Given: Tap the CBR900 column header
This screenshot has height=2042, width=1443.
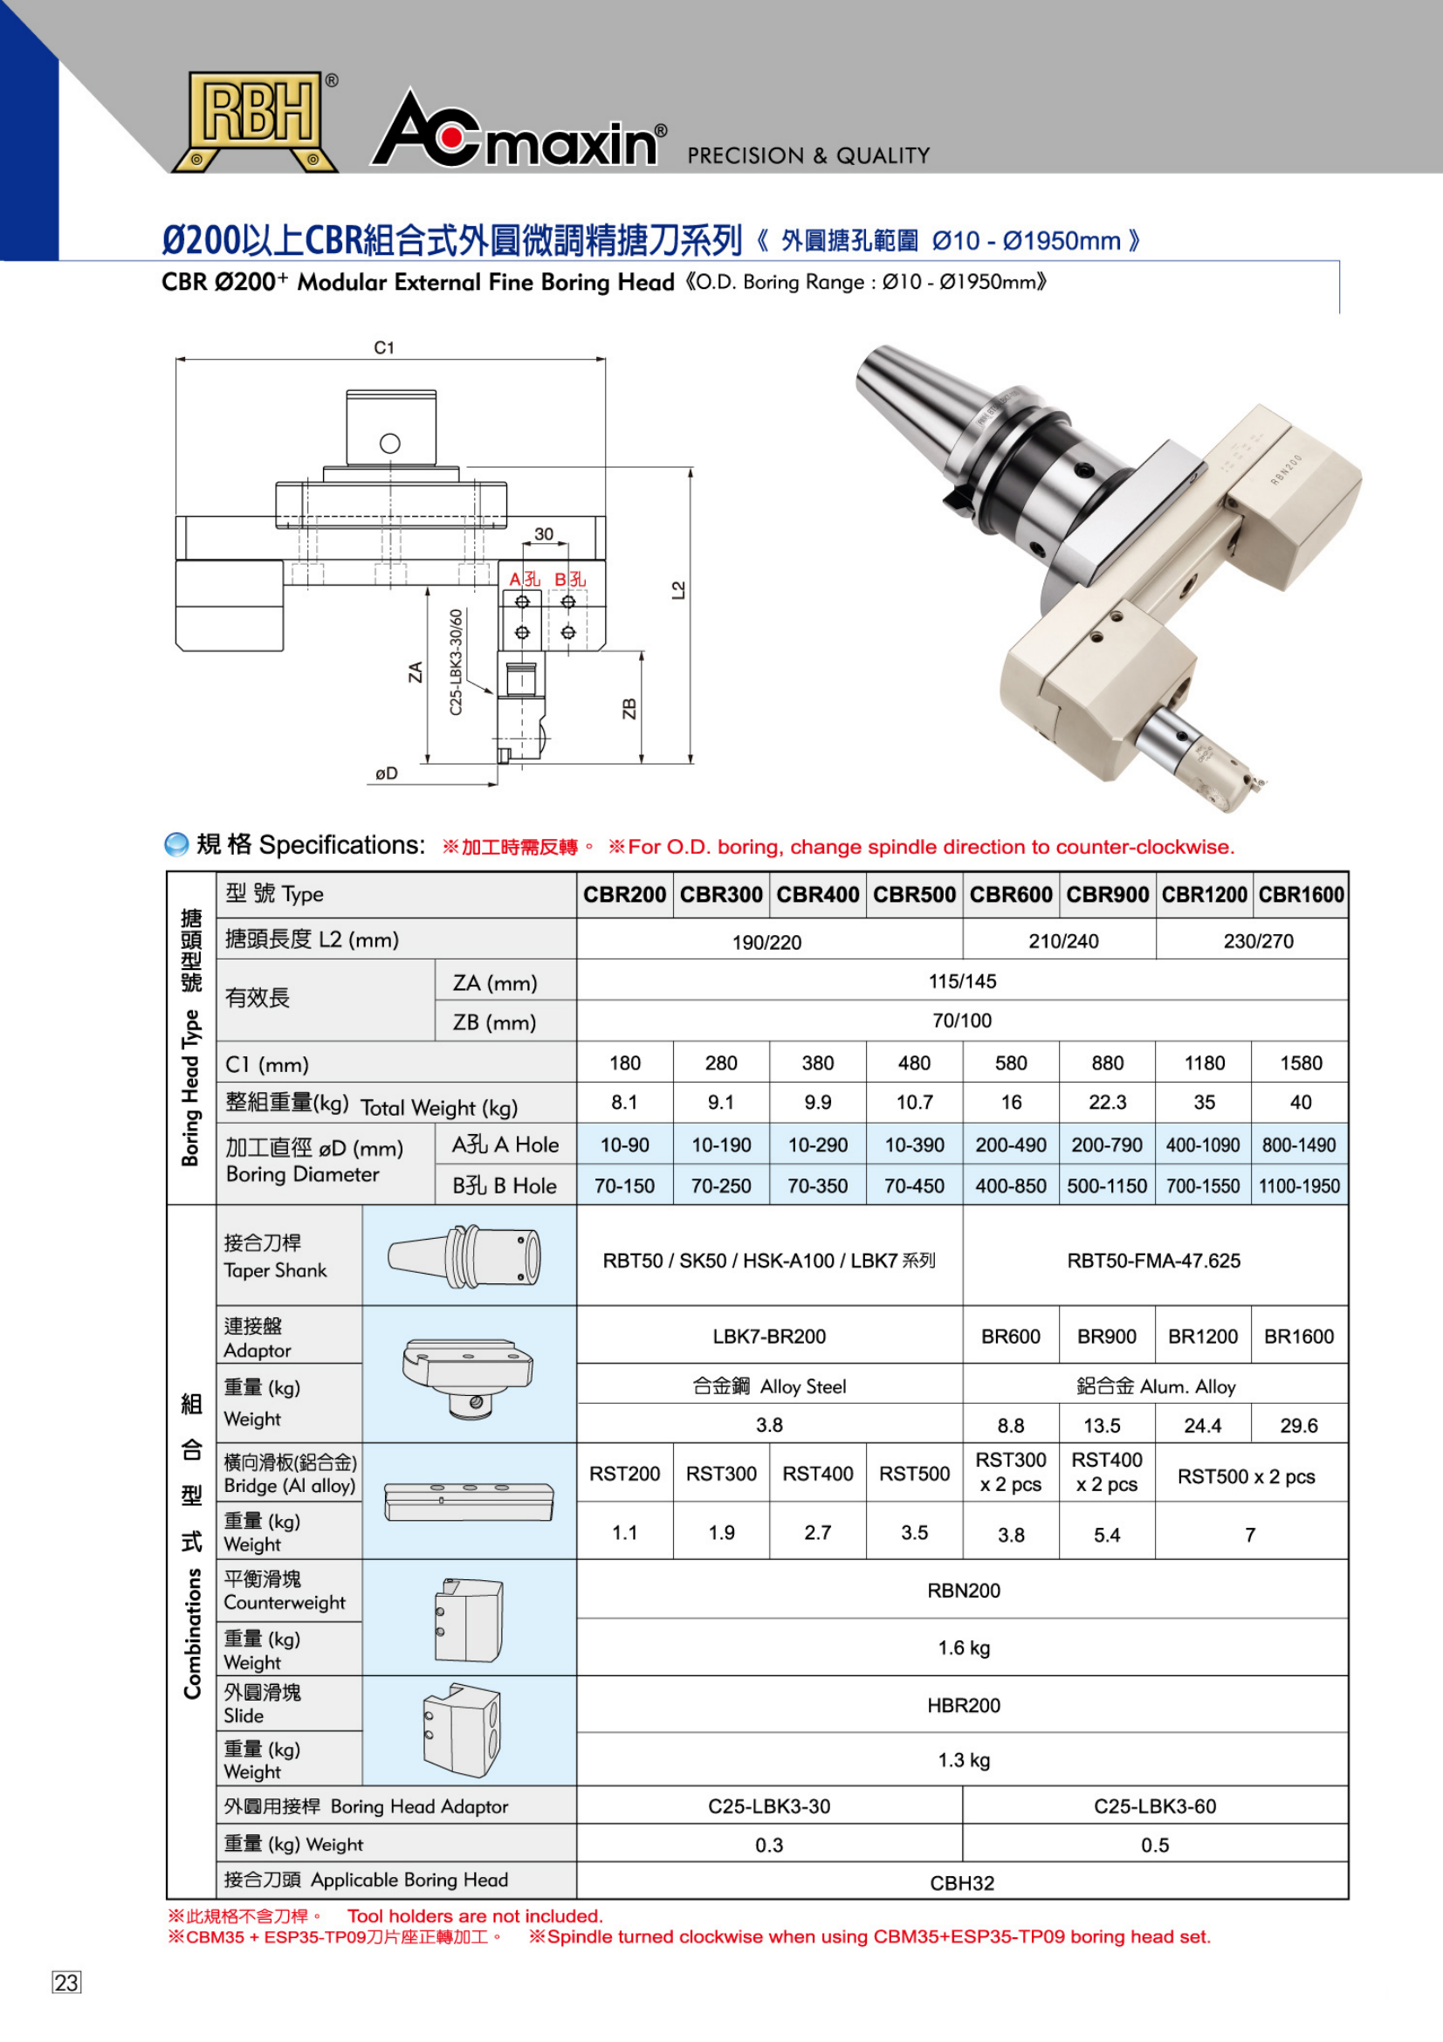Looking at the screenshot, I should click(x=1107, y=894).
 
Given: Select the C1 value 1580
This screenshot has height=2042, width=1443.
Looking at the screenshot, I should click(x=1300, y=1062).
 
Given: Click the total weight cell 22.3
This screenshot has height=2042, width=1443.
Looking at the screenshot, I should click(x=1107, y=1102).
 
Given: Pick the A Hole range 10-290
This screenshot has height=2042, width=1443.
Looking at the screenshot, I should click(x=817, y=1145).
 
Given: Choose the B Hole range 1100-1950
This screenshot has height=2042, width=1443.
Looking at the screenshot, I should click(x=1299, y=1186).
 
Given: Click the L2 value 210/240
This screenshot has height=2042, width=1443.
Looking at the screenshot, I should click(x=1063, y=941).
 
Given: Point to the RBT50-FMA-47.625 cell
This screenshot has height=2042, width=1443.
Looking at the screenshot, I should click(x=1153, y=1261).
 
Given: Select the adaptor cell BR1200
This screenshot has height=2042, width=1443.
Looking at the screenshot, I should click(x=1203, y=1336).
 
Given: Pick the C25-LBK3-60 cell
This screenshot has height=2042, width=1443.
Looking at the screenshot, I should click(x=1154, y=1806).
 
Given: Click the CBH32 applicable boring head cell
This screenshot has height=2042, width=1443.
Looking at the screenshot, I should click(x=962, y=1883).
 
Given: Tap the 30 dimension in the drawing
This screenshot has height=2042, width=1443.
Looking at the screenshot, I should click(x=543, y=533).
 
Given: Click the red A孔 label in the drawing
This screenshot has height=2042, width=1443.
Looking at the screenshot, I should click(x=524, y=579).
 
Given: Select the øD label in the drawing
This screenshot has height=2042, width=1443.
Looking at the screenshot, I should click(x=386, y=773).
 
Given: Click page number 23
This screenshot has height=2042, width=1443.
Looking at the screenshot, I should click(x=66, y=1983).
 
